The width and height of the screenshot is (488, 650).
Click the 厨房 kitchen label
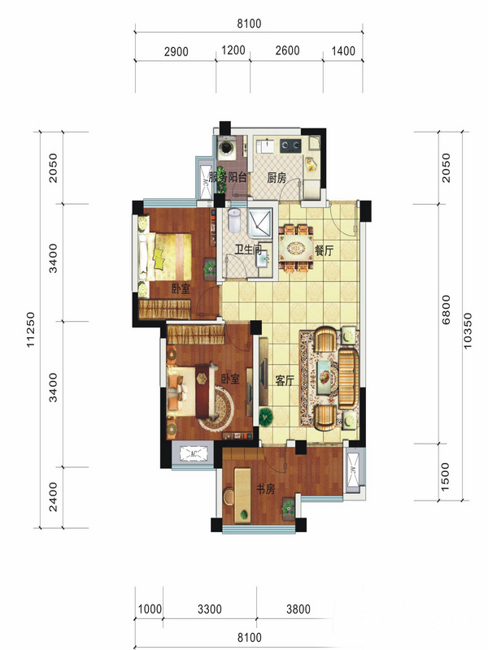[x=277, y=178]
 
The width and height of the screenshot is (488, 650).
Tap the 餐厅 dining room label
[x=324, y=250]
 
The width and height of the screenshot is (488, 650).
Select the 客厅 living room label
[x=285, y=380]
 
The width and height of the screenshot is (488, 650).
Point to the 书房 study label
[x=265, y=489]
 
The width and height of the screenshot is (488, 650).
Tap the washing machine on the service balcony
[x=227, y=148]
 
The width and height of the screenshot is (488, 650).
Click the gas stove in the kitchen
[x=290, y=145]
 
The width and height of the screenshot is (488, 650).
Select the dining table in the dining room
[x=296, y=249]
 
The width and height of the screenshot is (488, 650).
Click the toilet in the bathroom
[x=234, y=219]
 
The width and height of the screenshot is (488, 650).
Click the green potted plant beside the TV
[x=265, y=417]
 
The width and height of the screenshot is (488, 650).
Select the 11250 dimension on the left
[x=31, y=330]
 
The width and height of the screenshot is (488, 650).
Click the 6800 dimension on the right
[x=446, y=310]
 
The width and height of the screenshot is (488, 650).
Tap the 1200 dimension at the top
[x=233, y=50]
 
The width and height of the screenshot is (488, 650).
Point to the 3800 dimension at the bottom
[x=298, y=609]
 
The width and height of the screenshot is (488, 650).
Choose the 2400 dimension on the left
[x=53, y=496]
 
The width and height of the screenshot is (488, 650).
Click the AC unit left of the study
[x=193, y=453]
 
